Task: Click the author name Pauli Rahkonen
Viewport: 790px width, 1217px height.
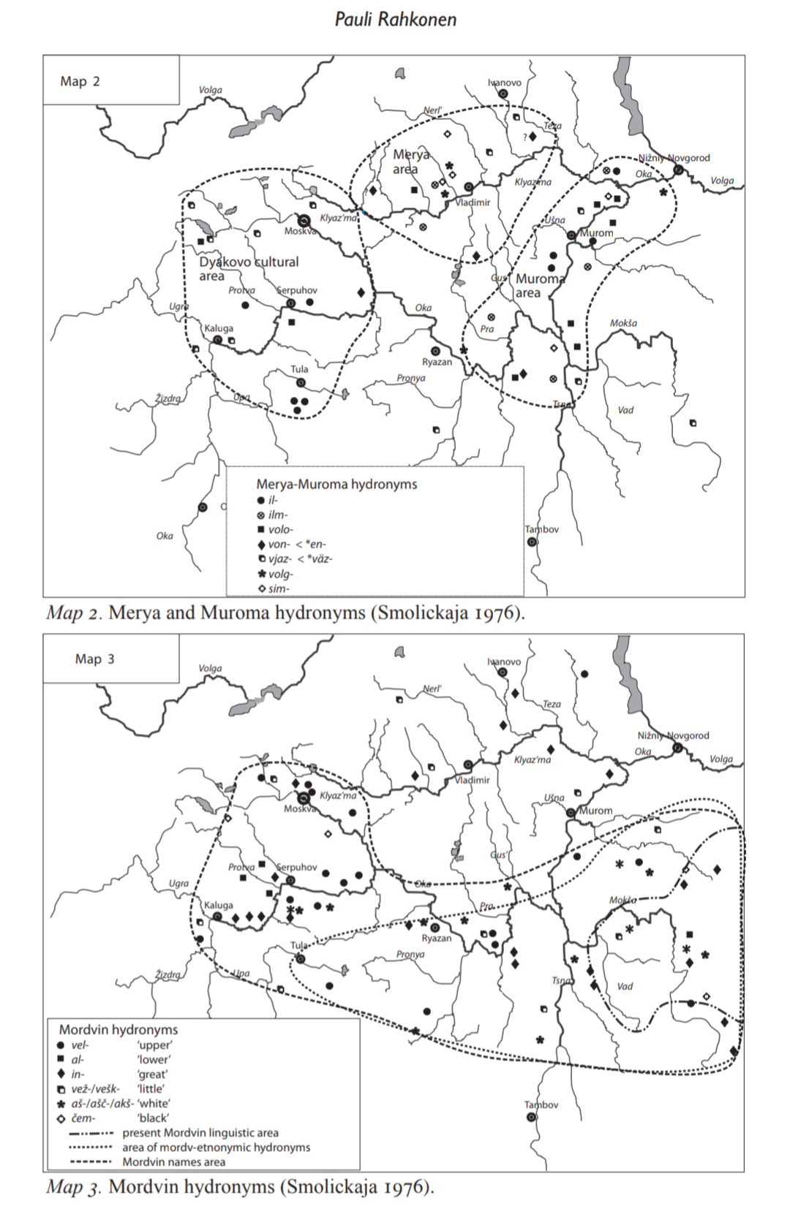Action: pyautogui.click(x=395, y=19)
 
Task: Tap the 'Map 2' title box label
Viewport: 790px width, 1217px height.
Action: pyautogui.click(x=80, y=81)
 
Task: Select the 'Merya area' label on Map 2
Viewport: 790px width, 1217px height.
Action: pyautogui.click(x=410, y=162)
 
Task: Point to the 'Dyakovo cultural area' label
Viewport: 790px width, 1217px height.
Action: pyautogui.click(x=249, y=268)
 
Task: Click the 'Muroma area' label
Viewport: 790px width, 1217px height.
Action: pyautogui.click(x=539, y=286)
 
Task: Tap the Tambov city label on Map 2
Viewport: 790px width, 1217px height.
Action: pyautogui.click(x=542, y=529)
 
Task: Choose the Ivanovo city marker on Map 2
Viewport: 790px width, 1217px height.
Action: pyautogui.click(x=503, y=94)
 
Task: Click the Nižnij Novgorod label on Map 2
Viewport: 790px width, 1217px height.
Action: pyautogui.click(x=674, y=158)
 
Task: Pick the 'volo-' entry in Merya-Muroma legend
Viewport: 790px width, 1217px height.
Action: pyautogui.click(x=280, y=529)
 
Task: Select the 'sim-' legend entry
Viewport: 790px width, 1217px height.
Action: pyautogui.click(x=279, y=588)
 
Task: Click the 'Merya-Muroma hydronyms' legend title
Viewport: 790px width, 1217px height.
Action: pyautogui.click(x=336, y=484)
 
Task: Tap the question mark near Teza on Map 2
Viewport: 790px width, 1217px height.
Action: pyautogui.click(x=524, y=137)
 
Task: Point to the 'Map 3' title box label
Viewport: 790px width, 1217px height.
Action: pyautogui.click(x=94, y=659)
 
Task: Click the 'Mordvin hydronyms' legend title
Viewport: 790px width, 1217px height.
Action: pyautogui.click(x=118, y=1029)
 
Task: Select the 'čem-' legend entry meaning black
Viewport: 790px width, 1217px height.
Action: pyautogui.click(x=84, y=1118)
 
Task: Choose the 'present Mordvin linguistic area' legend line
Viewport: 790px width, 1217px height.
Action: pyautogui.click(x=200, y=1132)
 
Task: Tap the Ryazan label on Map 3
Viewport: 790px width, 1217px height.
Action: pyautogui.click(x=437, y=939)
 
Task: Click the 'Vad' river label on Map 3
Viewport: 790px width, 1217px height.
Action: pyautogui.click(x=625, y=986)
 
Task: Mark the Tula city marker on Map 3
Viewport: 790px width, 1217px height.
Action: pyautogui.click(x=300, y=958)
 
